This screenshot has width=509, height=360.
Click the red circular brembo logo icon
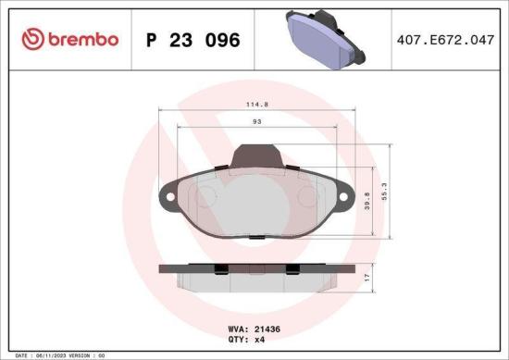tap(32, 40)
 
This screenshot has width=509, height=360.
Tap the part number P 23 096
tap(193, 40)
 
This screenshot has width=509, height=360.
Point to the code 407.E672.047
tap(441, 40)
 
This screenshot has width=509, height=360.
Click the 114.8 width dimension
tap(254, 105)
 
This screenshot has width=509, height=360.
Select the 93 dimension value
tap(254, 124)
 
